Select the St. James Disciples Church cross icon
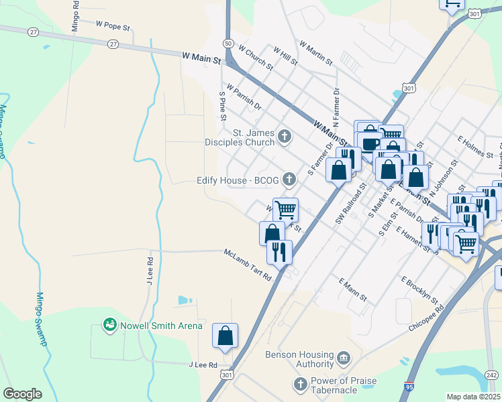[285, 137]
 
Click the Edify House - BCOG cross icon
[289, 179]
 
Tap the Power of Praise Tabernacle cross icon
[301, 385]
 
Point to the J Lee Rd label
[203, 365]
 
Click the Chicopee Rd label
[426, 320]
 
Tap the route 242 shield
[493, 376]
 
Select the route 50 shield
[229, 44]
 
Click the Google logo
[22, 394]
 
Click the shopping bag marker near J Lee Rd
[225, 336]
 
